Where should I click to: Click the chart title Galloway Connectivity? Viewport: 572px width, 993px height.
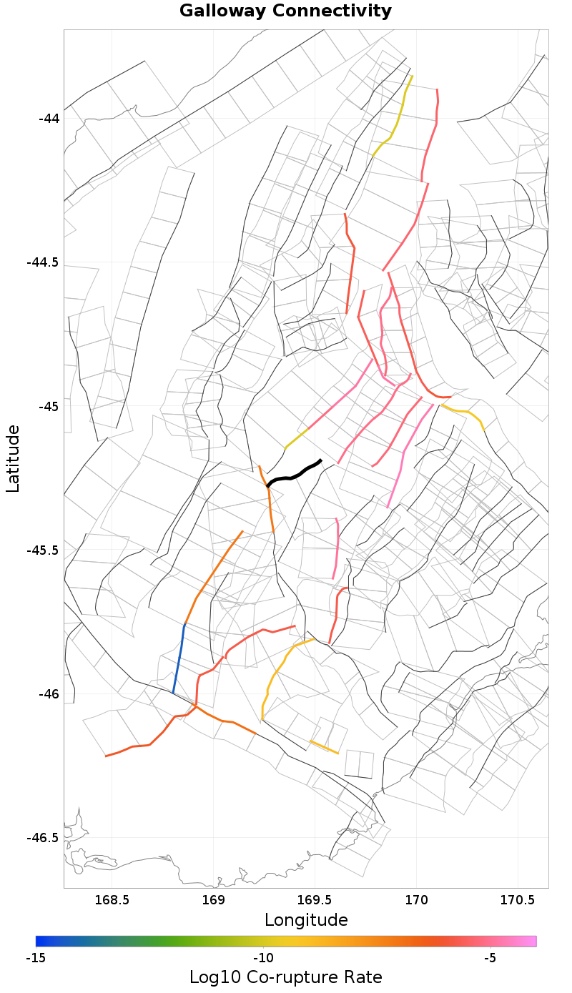(285, 11)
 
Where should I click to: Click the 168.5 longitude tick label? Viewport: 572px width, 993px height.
(112, 899)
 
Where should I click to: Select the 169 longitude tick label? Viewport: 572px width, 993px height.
(213, 899)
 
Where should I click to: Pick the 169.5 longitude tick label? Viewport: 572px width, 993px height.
(314, 899)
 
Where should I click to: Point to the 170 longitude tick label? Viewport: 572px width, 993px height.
(415, 899)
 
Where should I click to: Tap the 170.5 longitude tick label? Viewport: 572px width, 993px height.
(516, 899)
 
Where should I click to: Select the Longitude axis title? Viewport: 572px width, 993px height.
(306, 920)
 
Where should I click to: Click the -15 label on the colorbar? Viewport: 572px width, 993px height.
(36, 957)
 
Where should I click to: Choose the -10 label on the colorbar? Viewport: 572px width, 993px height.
(263, 957)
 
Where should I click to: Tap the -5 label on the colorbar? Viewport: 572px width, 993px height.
(490, 957)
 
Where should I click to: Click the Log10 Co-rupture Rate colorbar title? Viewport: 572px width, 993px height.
(285, 977)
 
